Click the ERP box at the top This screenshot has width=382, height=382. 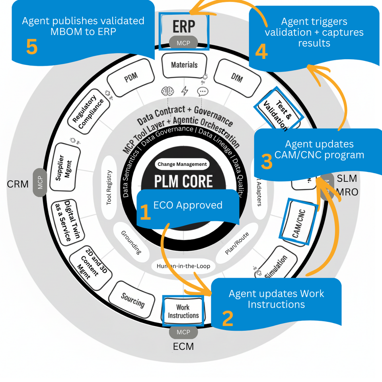pyautogui.click(x=183, y=26)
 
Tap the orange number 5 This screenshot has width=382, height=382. pyautogui.click(x=31, y=47)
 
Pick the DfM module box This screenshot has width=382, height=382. pyautogui.click(x=236, y=77)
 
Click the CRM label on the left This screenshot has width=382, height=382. pyautogui.click(x=18, y=184)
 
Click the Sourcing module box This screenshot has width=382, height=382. pyautogui.click(x=133, y=301)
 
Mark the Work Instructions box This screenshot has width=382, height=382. pyautogui.click(x=183, y=311)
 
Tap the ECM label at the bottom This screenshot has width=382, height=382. pyautogui.click(x=183, y=347)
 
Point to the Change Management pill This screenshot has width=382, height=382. pyautogui.click(x=182, y=164)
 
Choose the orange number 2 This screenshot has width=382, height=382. pyautogui.click(x=227, y=318)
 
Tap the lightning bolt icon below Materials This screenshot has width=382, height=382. pyautogui.click(x=184, y=91)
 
